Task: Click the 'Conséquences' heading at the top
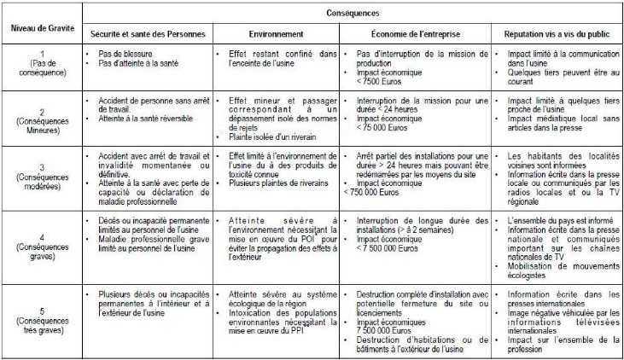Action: tap(352, 15)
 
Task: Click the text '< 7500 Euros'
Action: tap(381, 84)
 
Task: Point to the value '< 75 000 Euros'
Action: tap(384, 133)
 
